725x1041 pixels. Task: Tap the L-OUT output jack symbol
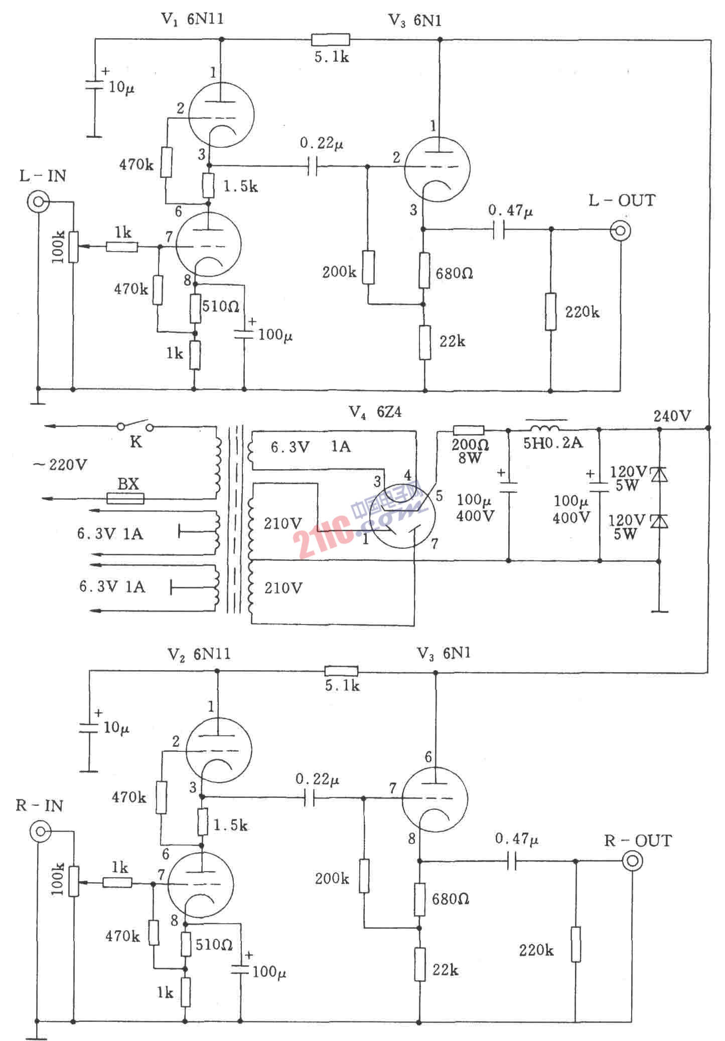pos(620,231)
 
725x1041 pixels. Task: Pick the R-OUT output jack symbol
pos(632,861)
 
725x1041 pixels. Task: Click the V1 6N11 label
pos(192,20)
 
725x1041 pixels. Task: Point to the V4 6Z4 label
pos(375,412)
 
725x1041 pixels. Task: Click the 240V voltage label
pos(672,415)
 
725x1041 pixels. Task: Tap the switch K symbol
pos(135,427)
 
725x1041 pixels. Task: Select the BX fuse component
pos(125,498)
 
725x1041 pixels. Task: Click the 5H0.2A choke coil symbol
pos(546,429)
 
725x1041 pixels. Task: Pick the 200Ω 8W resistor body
pos(469,430)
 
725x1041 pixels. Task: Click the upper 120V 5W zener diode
pos(659,474)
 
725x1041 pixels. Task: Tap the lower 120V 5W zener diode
pos(659,521)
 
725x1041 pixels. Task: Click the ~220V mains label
pos(60,465)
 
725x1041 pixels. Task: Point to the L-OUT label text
pos(622,200)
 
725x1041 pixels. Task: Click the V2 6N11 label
pos(199,654)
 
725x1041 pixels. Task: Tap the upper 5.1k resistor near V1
pos(330,40)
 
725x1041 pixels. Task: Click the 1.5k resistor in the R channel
pos(202,821)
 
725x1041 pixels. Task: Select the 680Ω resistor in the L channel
pos(424,271)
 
